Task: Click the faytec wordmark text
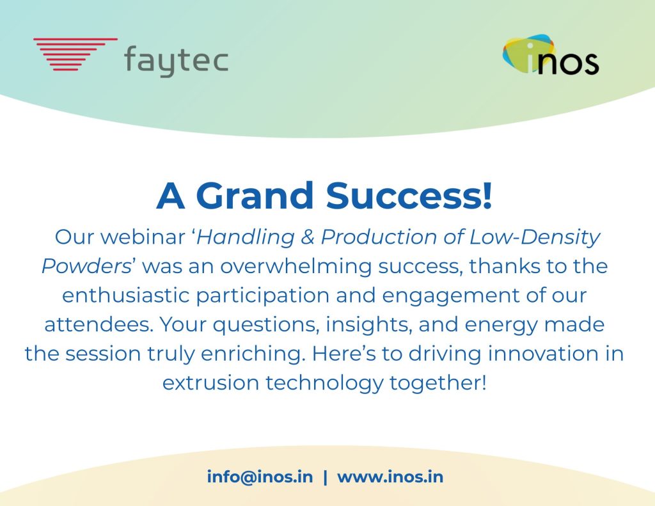point(177,61)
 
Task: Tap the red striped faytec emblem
point(75,54)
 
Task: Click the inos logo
point(551,55)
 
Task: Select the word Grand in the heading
point(255,196)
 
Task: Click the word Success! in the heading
point(409,196)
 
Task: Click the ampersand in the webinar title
point(308,237)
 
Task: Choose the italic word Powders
point(86,267)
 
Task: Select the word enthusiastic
point(126,296)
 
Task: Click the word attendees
point(99,325)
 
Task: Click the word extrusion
point(210,383)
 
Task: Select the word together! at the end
point(438,384)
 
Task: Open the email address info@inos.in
point(260,477)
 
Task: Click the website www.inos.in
point(390,477)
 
